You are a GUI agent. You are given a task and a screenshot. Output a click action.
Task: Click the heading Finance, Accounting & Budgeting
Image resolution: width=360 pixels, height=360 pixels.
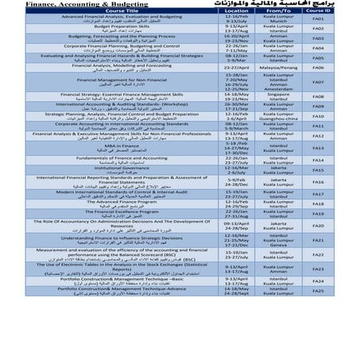click(56, 4)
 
